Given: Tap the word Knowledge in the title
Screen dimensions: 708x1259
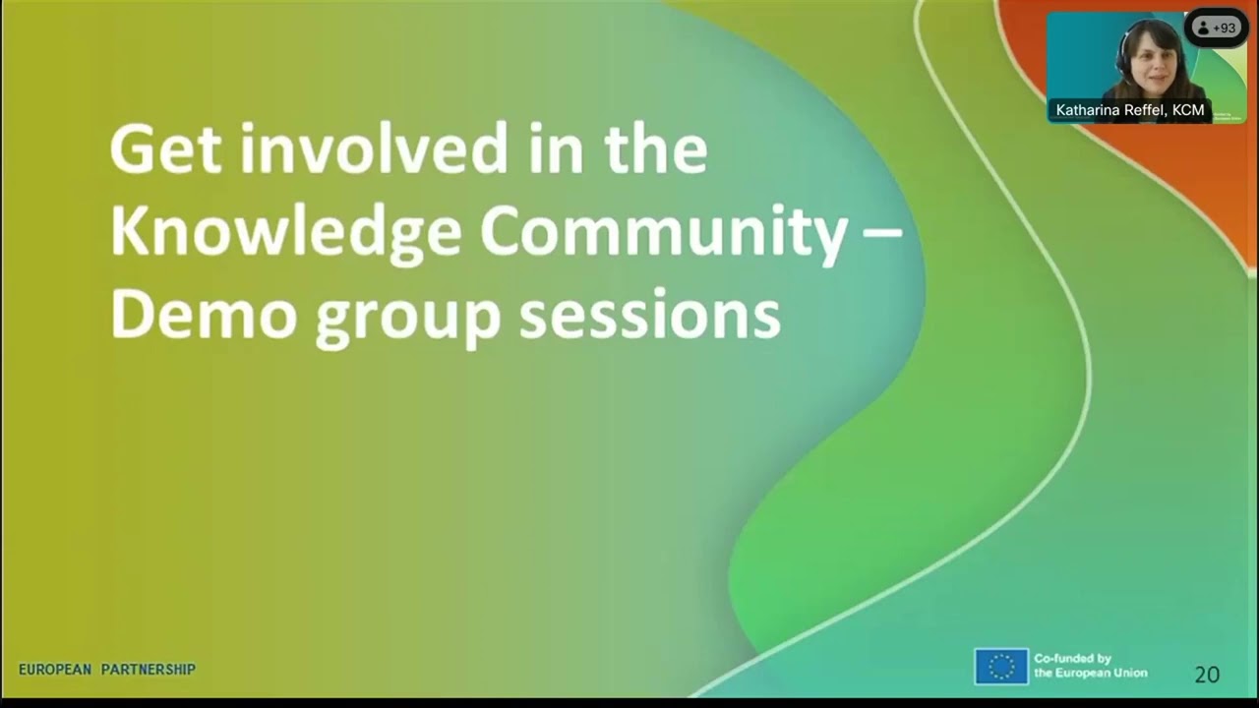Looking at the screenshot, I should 285,233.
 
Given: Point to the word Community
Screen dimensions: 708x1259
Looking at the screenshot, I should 664,233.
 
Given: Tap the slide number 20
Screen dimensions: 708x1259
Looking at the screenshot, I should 1207,675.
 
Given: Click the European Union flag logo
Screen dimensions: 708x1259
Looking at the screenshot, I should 1001,667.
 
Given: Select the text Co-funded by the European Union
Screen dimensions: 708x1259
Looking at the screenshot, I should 1090,666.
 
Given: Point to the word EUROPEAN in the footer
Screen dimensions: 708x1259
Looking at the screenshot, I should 55,670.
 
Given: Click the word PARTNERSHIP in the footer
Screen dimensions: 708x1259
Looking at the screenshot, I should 149,670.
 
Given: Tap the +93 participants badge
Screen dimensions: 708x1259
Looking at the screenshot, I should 1217,29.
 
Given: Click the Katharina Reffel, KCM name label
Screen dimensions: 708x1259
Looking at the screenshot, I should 1129,110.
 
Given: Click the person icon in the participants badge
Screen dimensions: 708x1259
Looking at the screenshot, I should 1203,29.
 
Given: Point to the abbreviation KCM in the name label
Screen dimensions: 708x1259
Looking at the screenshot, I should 1188,110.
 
